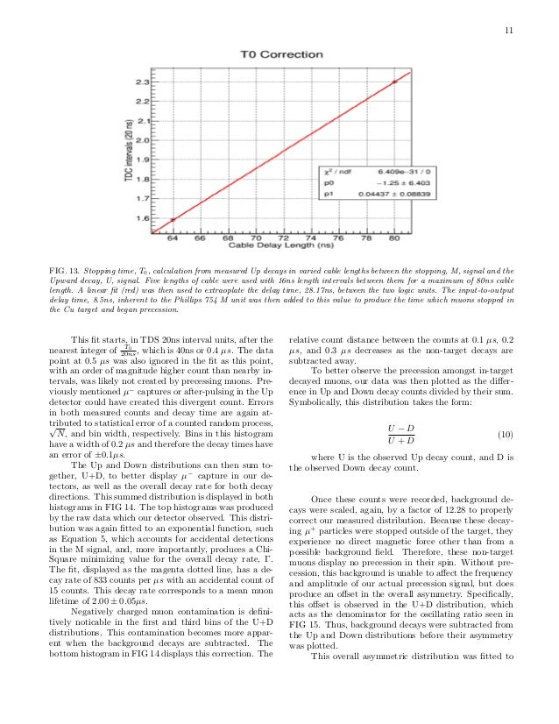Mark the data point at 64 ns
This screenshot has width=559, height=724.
pos(173,220)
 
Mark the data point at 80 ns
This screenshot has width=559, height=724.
pos(394,81)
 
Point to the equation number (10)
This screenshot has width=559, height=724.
pos(505,435)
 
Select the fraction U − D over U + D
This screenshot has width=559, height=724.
pos(400,435)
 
